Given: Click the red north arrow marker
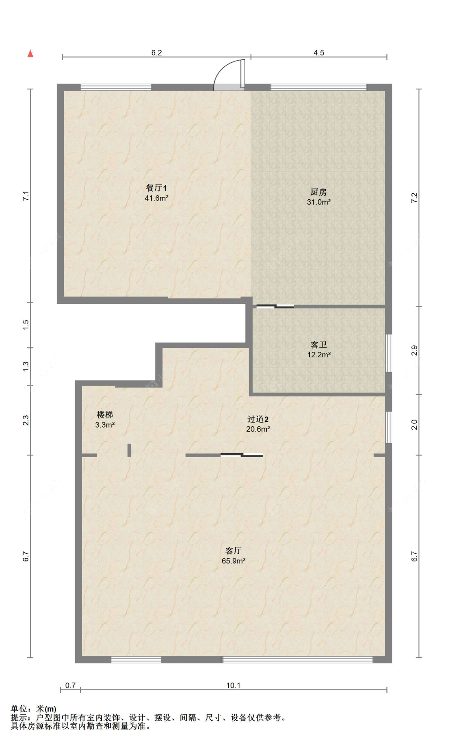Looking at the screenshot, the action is tap(30, 53).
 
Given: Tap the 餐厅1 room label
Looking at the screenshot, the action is tap(156, 188).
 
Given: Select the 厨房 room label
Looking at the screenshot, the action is tap(318, 192).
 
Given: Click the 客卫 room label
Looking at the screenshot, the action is tap(318, 345).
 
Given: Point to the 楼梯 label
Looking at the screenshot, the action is tap(105, 415).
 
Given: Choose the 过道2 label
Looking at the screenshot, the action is tap(258, 419).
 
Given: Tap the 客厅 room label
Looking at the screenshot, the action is tap(233, 551).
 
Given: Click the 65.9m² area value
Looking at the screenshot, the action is tap(233, 561).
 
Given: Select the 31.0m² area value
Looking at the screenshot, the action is tap(318, 202).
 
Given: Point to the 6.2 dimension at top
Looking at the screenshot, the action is tap(156, 53).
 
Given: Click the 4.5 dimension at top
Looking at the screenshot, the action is tap(319, 53).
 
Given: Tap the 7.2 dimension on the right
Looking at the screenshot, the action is tap(414, 198).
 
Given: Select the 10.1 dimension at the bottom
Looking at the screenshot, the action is tap(233, 686).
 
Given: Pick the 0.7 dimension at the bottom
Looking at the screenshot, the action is tap(71, 686).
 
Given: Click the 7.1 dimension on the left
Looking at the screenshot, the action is tap(26, 196).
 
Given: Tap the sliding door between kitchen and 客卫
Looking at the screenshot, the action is tap(275, 307).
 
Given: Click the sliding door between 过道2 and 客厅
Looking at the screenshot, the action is tap(242, 455).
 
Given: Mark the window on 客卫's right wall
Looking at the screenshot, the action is tap(389, 353).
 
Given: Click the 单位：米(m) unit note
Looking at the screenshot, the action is tap(34, 709).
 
